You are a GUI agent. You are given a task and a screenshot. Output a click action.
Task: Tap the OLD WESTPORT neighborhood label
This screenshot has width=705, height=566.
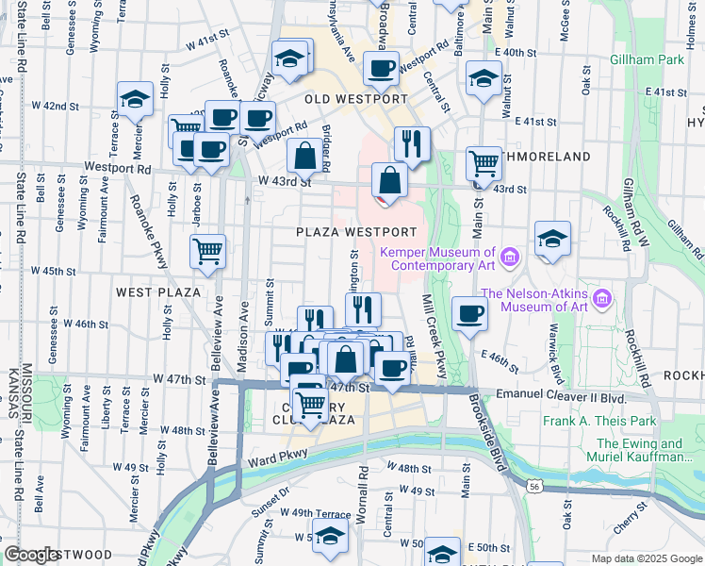tap(356, 99)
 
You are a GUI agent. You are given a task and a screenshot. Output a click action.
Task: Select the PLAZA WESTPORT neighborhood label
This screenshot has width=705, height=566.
tap(355, 232)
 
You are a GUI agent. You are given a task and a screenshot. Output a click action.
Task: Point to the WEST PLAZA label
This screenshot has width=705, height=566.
tap(157, 292)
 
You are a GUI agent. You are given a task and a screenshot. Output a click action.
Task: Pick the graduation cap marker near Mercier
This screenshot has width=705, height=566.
tap(136, 99)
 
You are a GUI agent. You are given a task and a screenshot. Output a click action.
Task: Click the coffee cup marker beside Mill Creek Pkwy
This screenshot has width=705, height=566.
tap(469, 314)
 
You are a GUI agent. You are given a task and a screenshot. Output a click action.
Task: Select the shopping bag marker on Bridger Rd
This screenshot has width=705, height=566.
tap(305, 156)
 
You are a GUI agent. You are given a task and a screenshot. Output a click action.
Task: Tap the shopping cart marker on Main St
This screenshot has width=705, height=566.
tap(484, 163)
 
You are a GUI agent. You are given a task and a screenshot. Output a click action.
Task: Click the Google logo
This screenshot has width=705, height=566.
tap(32, 555)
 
